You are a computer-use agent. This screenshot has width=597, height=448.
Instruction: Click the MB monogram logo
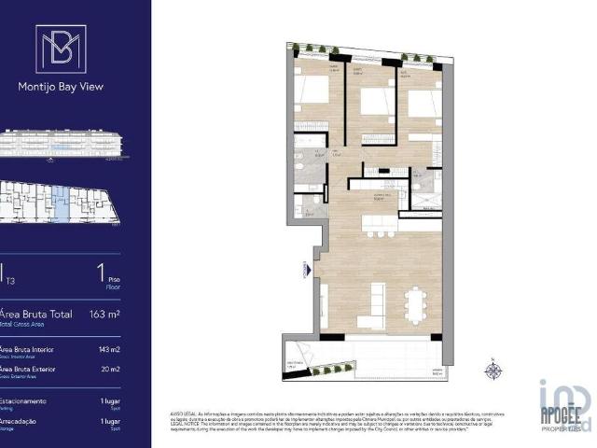pyautogui.click(x=61, y=49)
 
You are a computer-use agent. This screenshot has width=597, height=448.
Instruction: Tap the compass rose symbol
pyautogui.click(x=493, y=371)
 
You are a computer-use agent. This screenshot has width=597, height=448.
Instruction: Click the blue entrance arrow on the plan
pyautogui.click(x=305, y=268)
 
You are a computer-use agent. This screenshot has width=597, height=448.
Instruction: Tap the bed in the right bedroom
pyautogui.click(x=422, y=102)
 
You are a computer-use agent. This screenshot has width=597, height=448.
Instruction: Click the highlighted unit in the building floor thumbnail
pyautogui.click(x=61, y=203)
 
